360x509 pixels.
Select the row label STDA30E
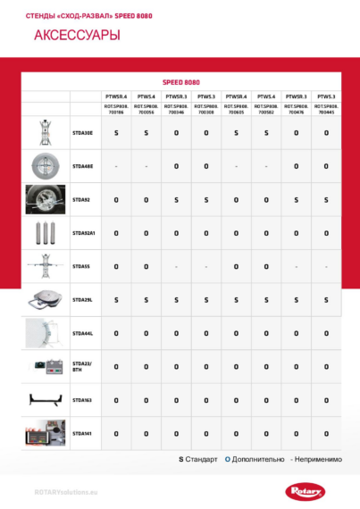pos(82,132)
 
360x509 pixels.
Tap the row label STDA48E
pos(82,166)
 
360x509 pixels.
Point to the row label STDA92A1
pos(83,232)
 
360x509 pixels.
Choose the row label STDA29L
pos(82,299)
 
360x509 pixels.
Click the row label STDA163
pos(81,400)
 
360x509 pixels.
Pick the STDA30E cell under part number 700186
pos(116,132)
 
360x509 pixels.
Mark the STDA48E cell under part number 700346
pos(176,166)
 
